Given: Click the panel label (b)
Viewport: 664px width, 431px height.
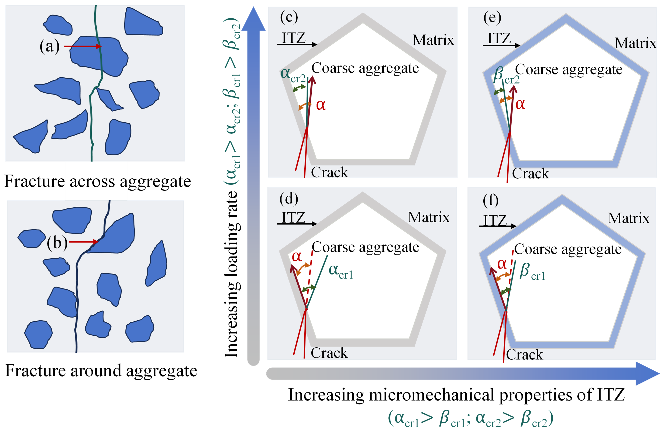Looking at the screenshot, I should pyautogui.click(x=57, y=242).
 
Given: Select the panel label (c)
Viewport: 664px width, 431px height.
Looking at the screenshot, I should pyautogui.click(x=289, y=17).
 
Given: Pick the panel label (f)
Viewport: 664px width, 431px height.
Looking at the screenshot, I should pyautogui.click(x=490, y=200).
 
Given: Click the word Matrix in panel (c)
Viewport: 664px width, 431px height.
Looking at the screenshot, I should pyautogui.click(x=433, y=40).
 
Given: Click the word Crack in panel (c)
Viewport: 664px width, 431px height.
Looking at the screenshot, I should pyautogui.click(x=329, y=172).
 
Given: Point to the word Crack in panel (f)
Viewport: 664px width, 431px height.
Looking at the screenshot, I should pyautogui.click(x=525, y=355).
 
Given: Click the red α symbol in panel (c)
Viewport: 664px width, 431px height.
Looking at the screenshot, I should pyautogui.click(x=321, y=105).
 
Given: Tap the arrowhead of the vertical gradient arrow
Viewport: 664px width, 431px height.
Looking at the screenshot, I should pyautogui.click(x=253, y=19).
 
